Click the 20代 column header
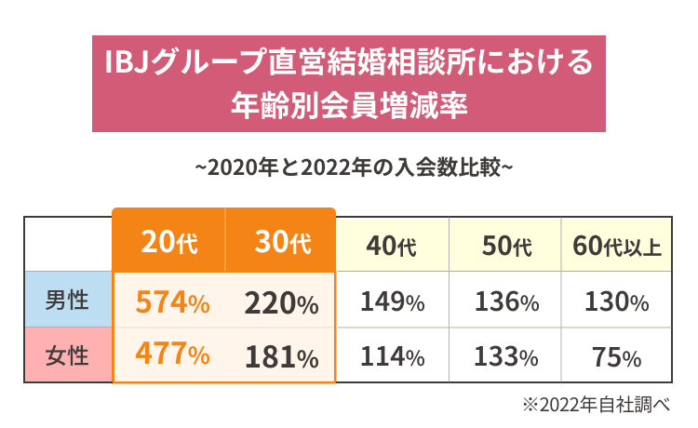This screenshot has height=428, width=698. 169,244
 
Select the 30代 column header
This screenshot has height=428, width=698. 281,244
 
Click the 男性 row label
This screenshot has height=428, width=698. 67,301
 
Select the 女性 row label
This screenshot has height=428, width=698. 67,355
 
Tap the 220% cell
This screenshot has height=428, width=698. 281,302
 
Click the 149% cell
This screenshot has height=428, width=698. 392,302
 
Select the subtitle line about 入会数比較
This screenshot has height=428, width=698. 349,168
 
